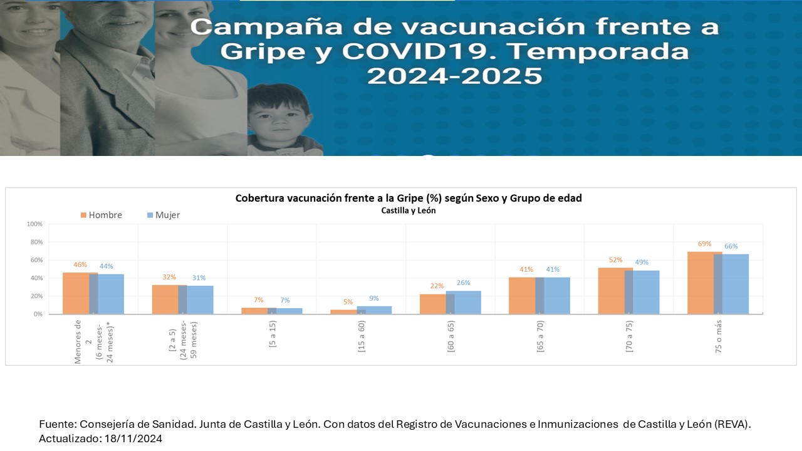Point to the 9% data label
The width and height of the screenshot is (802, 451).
click(x=374, y=298)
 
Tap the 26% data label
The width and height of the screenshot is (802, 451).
click(x=464, y=283)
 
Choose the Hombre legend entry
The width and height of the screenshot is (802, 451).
click(x=101, y=215)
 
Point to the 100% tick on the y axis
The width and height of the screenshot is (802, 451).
click(x=34, y=224)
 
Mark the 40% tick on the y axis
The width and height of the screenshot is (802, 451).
click(x=36, y=278)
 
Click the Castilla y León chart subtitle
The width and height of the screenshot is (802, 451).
click(x=409, y=210)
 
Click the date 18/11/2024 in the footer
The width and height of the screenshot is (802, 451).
click(x=132, y=438)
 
